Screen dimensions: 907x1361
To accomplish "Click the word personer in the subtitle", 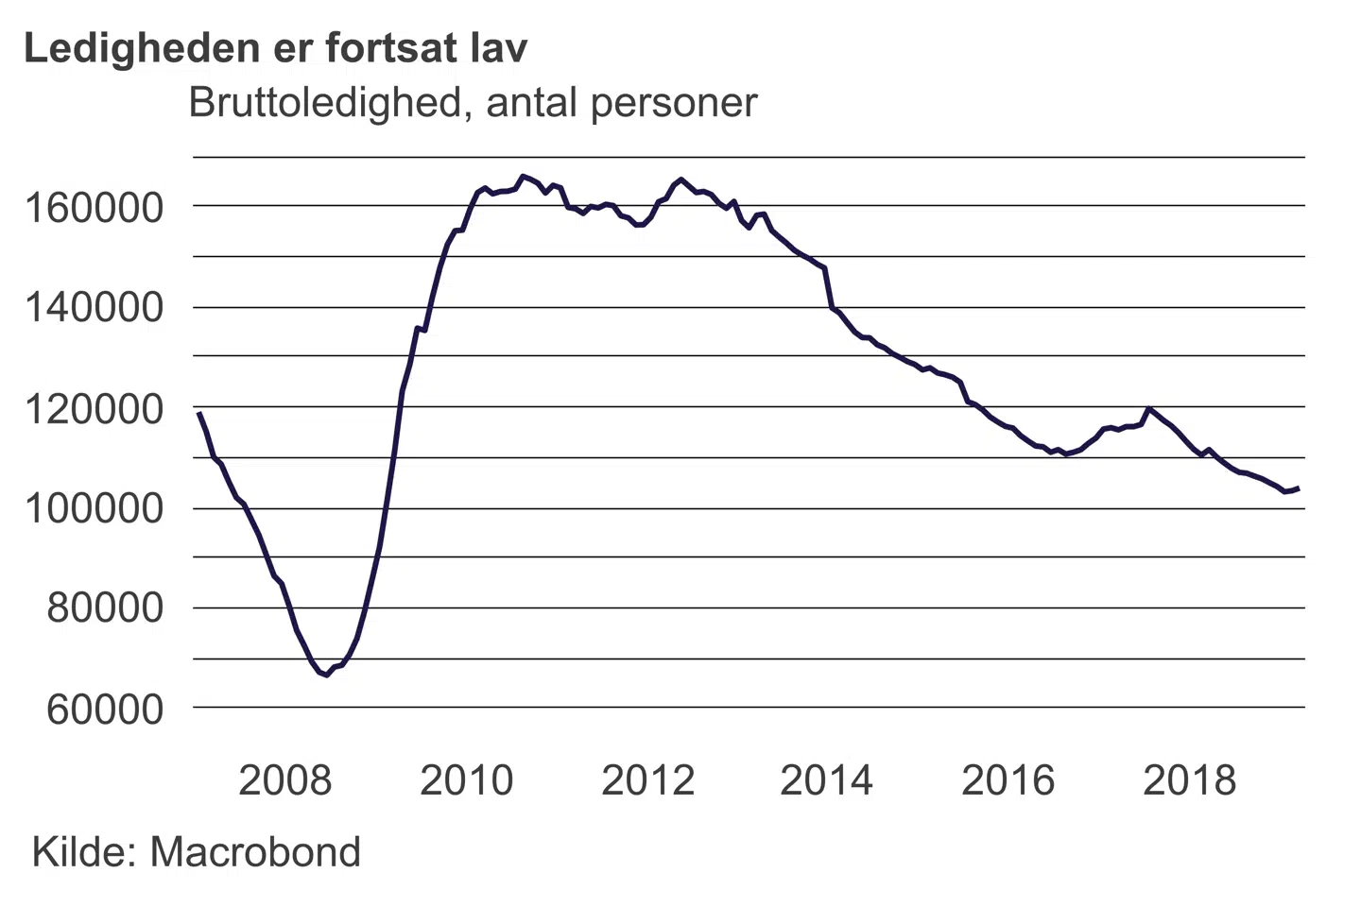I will point(674,102).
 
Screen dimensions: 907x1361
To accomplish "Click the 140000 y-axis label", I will point(94,308).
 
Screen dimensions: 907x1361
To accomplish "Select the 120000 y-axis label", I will point(94,409).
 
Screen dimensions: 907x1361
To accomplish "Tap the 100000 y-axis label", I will point(94,509).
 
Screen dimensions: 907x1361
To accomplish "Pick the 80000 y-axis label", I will point(105,608).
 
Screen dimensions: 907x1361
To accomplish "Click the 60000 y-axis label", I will point(105,709).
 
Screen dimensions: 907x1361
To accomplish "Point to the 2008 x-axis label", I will point(284,780).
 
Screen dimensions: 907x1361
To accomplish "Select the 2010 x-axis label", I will point(466,780).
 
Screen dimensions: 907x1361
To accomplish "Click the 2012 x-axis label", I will point(647,780).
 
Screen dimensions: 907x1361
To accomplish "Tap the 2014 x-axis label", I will point(826,780).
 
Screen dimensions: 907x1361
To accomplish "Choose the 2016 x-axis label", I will point(1008,780).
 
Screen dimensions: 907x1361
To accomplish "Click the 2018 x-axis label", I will point(1189,780).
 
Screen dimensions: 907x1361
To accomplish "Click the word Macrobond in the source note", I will point(255,852).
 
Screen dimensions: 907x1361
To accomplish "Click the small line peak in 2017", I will point(1148,409).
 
